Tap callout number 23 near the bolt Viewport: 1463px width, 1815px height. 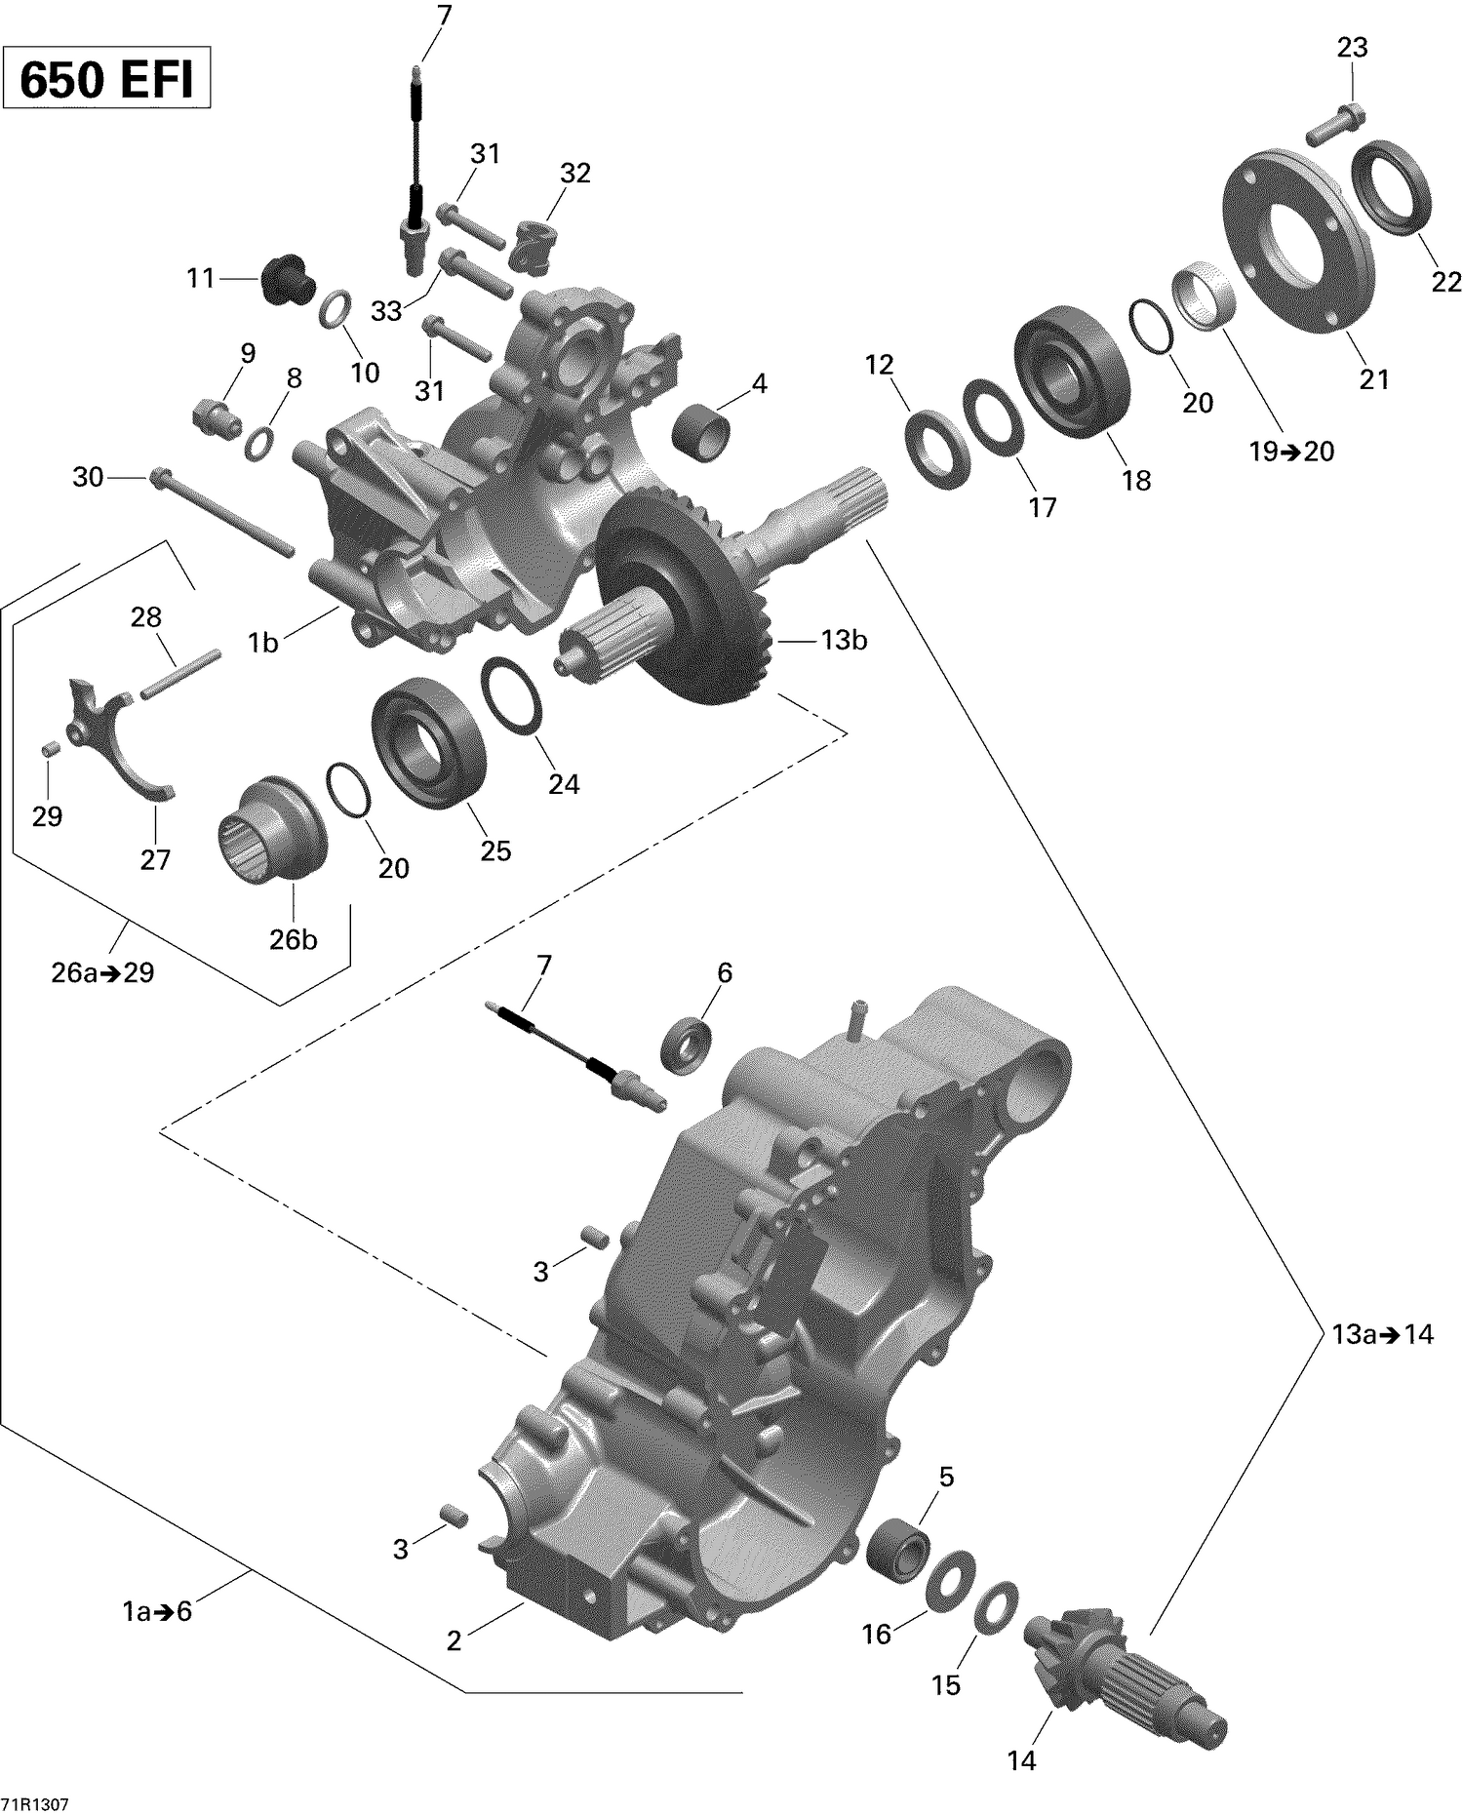point(1352,48)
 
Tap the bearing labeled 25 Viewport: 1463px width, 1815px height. point(428,743)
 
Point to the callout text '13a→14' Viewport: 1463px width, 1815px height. point(1382,1334)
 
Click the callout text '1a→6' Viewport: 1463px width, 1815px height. point(157,1611)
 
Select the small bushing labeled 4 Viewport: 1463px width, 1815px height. point(702,433)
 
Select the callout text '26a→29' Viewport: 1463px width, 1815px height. point(102,972)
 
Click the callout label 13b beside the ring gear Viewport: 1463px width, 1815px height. point(843,641)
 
